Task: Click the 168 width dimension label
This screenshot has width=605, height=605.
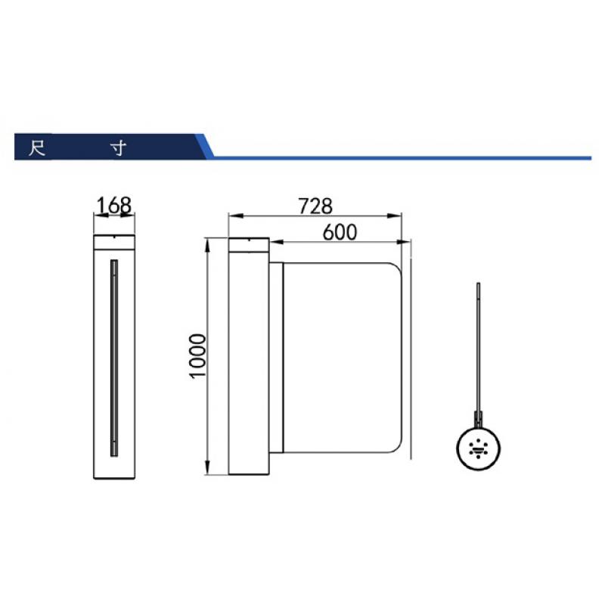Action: tap(114, 205)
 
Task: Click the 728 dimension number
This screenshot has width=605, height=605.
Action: tap(315, 206)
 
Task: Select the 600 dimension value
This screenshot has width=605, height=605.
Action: tap(340, 232)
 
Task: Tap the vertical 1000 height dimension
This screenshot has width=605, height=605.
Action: tap(198, 356)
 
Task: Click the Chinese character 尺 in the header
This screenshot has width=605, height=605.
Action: tap(37, 148)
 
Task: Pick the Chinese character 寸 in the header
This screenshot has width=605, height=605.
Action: tap(119, 148)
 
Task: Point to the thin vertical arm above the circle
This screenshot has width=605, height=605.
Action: tap(479, 347)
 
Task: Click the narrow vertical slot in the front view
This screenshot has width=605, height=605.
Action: tap(114, 358)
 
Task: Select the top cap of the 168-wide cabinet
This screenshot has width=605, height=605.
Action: tap(114, 242)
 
